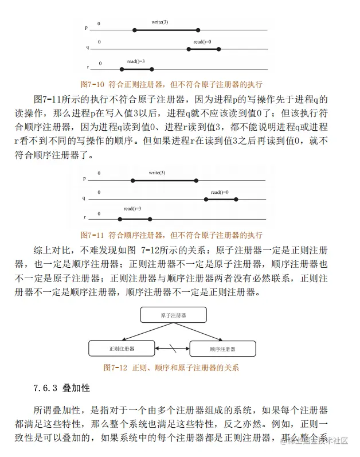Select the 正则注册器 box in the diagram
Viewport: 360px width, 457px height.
click(122, 348)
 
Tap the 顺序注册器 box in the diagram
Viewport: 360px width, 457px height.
click(222, 349)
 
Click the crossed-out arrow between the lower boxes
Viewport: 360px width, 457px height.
click(171, 347)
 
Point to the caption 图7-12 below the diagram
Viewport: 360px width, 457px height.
click(170, 368)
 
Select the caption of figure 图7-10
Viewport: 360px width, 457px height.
click(171, 84)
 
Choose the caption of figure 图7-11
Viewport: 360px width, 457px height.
click(171, 235)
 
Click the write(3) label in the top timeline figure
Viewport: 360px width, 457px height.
click(159, 22)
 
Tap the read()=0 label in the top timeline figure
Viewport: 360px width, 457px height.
click(202, 42)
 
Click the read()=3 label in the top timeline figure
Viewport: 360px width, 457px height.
click(136, 61)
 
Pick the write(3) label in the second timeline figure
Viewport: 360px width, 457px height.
click(157, 173)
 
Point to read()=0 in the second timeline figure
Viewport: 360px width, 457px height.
click(219, 192)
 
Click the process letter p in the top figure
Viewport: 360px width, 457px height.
click(86, 28)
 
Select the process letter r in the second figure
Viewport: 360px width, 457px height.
click(85, 218)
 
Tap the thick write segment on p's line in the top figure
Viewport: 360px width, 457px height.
click(166, 29)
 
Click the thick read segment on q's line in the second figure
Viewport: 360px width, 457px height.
click(221, 199)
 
